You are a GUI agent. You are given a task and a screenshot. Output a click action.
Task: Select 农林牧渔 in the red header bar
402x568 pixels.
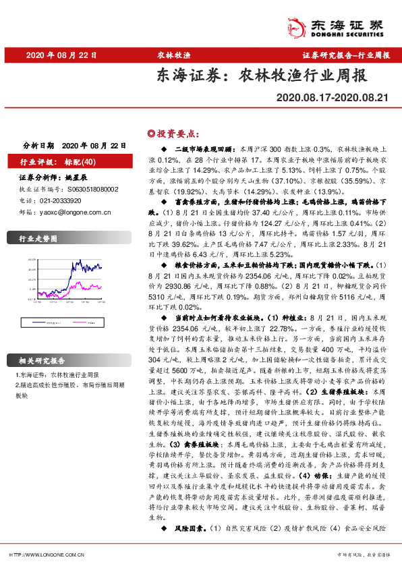[x=174, y=55]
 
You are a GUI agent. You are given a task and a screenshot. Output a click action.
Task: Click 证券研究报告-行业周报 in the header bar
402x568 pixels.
[x=345, y=55]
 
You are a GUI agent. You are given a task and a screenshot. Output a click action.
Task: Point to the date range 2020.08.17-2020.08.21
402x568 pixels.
[x=333, y=98]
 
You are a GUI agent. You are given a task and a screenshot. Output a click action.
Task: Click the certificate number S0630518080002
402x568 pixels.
[x=87, y=190]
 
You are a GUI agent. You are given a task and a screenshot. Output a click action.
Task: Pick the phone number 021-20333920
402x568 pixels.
[x=60, y=200]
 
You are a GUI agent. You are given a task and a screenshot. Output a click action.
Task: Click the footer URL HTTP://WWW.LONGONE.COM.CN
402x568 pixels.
[x=41, y=554]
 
